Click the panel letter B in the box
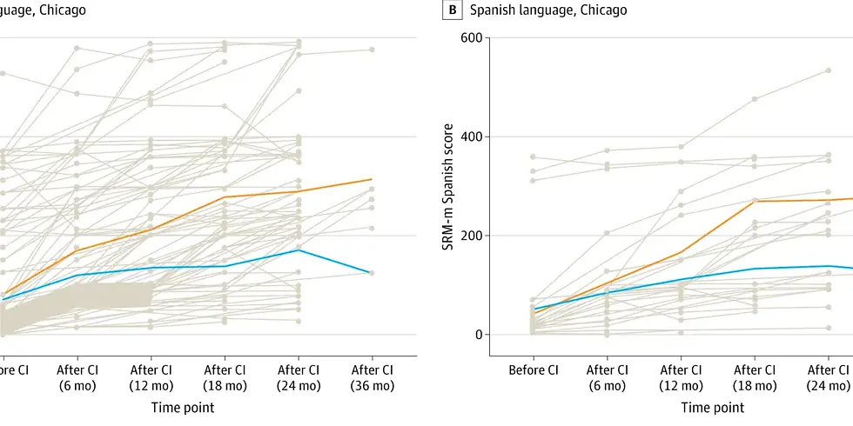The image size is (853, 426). [x=453, y=10]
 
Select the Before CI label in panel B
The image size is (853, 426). [x=533, y=369]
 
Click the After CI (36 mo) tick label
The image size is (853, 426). [x=372, y=376]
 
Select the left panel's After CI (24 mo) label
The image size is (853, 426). [x=299, y=376]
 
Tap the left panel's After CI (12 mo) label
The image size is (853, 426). [x=151, y=376]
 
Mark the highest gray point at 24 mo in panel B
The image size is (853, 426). [x=828, y=70]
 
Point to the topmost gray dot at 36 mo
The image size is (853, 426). [x=372, y=50]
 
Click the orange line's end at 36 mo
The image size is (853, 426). [x=372, y=180]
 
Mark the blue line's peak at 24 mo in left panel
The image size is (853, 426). [x=299, y=250]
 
